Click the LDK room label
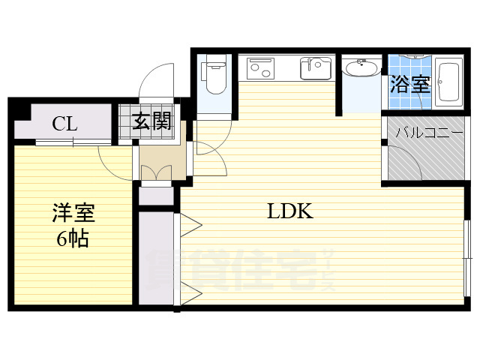[290, 211]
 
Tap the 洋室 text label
[73, 214]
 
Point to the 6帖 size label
[73, 239]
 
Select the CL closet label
[64, 124]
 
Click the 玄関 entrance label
[152, 121]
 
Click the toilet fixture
[214, 76]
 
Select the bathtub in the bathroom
[448, 79]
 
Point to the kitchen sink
[316, 68]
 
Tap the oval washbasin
[362, 70]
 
